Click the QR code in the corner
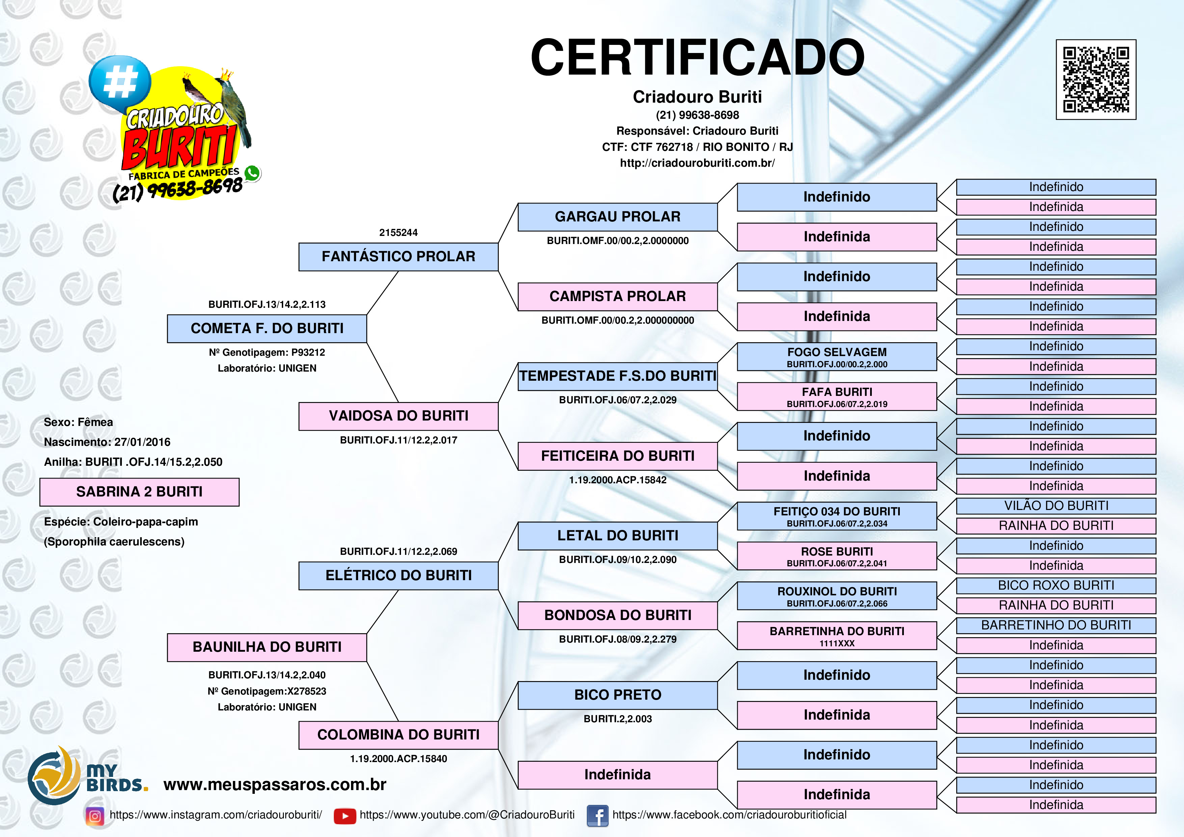tap(1096, 79)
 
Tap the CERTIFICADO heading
tap(697, 57)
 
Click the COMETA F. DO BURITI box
tap(267, 328)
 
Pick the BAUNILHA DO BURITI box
tap(267, 647)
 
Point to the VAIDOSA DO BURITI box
tap(398, 416)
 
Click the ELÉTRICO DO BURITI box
tap(398, 575)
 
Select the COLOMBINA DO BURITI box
tap(398, 735)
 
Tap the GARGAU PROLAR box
tap(617, 217)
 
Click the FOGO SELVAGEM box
tap(836, 356)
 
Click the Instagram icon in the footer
tap(95, 816)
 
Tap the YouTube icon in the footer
tap(345, 816)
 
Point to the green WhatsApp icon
tap(252, 173)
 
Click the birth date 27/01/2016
tap(142, 442)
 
